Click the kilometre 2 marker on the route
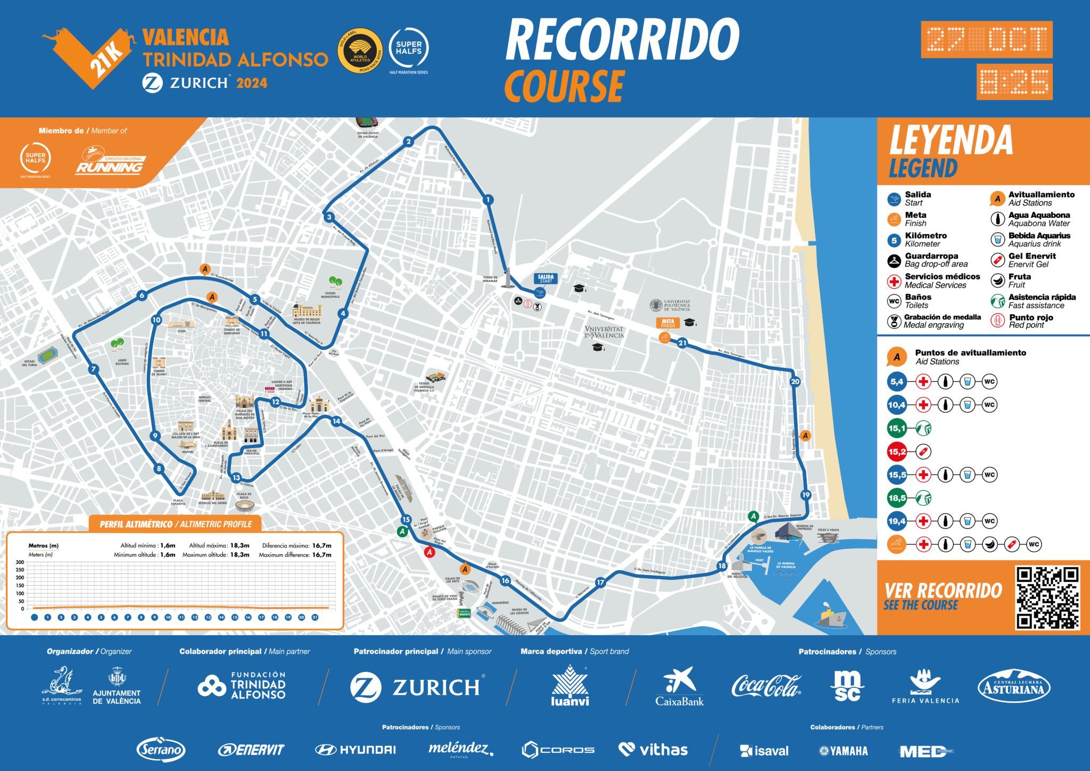408,142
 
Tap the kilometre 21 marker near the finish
682,343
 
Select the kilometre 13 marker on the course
236,478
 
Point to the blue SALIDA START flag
546,278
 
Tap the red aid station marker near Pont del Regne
430,553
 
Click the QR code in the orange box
1047,598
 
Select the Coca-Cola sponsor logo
766,686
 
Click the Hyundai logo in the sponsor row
356,750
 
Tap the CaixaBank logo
680,687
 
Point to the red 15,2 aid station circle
897,452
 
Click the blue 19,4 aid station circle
897,521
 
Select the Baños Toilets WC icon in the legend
894,301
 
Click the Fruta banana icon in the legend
998,281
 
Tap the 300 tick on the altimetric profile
20,562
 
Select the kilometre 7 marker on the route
94,370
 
